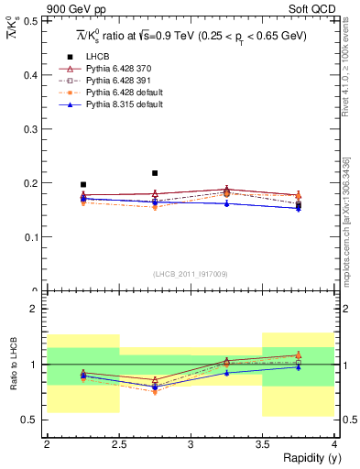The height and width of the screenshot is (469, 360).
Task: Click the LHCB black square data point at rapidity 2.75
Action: [155, 172]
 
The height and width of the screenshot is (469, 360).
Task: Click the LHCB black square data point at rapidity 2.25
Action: [83, 184]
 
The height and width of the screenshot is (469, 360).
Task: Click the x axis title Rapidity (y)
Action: [306, 458]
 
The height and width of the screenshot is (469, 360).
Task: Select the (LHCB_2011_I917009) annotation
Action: [191, 274]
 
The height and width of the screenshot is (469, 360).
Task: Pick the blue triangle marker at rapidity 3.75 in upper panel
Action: [298, 208]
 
